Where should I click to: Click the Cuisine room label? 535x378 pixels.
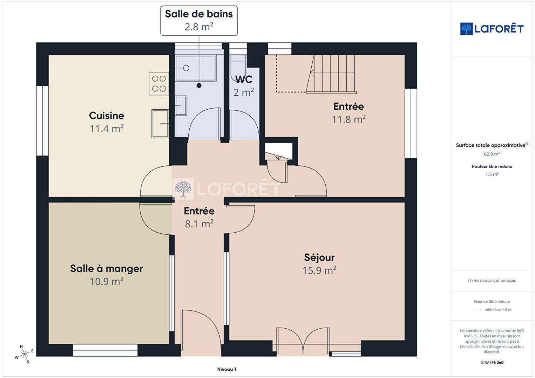(x=107, y=116)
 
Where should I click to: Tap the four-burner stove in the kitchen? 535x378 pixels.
(x=159, y=83)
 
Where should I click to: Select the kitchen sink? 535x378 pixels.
(x=160, y=124)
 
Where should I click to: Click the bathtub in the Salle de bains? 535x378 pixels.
(x=196, y=68)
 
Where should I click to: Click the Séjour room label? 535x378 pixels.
(x=319, y=257)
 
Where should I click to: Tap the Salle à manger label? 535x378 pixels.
(x=107, y=268)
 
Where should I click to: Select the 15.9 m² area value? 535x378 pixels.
(x=319, y=270)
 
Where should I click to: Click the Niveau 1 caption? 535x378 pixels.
(x=226, y=369)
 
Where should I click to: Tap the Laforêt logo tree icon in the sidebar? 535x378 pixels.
(x=466, y=29)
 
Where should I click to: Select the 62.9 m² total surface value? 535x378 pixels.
(x=492, y=154)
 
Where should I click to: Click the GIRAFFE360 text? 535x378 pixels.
(x=492, y=362)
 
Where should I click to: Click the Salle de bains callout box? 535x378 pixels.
(x=199, y=21)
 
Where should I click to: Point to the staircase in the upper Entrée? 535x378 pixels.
(x=331, y=74)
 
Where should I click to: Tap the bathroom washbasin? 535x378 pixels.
(x=181, y=106)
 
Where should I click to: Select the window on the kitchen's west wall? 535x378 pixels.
(x=42, y=121)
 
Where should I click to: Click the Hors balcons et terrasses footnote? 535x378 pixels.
(x=492, y=280)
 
